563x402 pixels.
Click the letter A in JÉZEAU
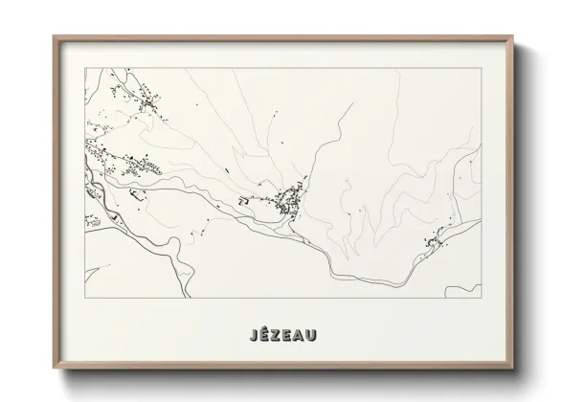tap(305, 335)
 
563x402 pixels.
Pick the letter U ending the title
tap(320, 335)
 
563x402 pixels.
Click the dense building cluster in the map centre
tap(287, 200)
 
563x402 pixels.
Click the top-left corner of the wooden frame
tap(54, 37)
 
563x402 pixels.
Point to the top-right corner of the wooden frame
tap(515, 37)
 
